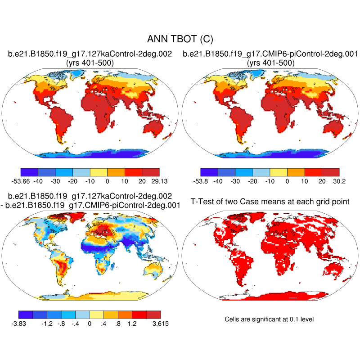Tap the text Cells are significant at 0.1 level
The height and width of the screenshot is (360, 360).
tap(269, 319)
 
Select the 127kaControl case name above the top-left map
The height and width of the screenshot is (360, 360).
tap(90, 54)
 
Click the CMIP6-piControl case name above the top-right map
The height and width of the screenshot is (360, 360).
tap(270, 54)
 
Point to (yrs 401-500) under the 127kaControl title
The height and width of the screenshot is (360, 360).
tap(90, 63)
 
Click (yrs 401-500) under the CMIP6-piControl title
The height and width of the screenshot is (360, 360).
tap(270, 63)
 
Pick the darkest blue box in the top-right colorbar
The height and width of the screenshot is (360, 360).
tap(209, 172)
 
